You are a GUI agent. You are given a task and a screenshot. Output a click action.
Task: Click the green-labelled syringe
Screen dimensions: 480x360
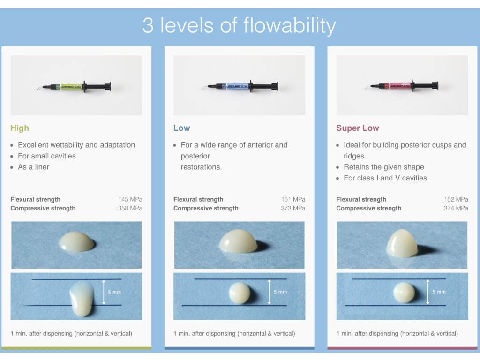pyautogui.click(x=74, y=87)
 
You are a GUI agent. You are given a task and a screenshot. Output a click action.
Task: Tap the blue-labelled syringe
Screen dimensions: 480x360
pyautogui.click(x=240, y=86)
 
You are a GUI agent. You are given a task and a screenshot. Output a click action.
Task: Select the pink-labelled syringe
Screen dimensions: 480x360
pyautogui.click(x=402, y=86)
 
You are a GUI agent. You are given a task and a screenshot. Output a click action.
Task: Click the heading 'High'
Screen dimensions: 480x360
pyautogui.click(x=20, y=128)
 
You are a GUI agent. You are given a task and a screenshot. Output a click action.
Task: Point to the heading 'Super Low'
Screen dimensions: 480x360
pyautogui.click(x=358, y=128)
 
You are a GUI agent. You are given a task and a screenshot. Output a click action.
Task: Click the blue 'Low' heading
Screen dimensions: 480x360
pyautogui.click(x=181, y=128)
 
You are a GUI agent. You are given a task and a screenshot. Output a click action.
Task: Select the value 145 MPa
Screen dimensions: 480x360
pyautogui.click(x=130, y=199)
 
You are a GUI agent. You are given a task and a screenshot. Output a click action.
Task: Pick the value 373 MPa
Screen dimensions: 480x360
pyautogui.click(x=293, y=208)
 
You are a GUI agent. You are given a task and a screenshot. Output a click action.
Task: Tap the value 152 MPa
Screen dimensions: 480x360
pyautogui.click(x=456, y=199)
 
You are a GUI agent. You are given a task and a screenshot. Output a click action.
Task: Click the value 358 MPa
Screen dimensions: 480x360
pyautogui.click(x=130, y=208)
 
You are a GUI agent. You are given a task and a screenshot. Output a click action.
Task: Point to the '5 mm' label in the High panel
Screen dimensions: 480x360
pyautogui.click(x=114, y=292)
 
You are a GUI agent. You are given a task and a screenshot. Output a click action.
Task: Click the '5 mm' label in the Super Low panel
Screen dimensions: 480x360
pyautogui.click(x=439, y=292)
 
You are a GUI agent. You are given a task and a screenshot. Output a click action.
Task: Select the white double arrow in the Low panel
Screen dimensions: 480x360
pyautogui.click(x=269, y=292)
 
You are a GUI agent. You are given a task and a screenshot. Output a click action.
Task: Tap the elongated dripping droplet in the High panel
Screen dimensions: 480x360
pyautogui.click(x=82, y=299)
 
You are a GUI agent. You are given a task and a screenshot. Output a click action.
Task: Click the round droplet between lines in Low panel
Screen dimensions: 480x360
pyautogui.click(x=240, y=293)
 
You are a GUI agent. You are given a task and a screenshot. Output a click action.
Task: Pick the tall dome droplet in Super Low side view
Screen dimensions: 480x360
pyautogui.click(x=402, y=243)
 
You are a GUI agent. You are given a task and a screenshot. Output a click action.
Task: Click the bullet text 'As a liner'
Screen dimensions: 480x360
pyautogui.click(x=33, y=167)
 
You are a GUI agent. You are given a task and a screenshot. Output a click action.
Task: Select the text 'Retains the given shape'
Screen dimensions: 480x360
pyautogui.click(x=384, y=167)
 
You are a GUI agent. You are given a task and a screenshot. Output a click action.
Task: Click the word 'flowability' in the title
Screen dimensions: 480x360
pyautogui.click(x=290, y=26)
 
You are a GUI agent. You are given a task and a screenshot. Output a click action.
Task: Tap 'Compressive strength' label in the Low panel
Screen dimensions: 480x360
pyautogui.click(x=206, y=208)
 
